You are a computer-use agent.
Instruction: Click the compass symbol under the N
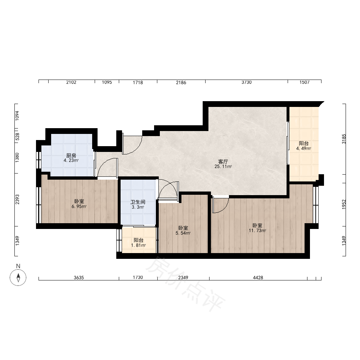[18, 277]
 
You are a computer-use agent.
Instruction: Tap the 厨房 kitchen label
[71, 156]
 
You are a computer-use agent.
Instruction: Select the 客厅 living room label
[223, 162]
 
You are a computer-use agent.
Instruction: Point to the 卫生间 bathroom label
[138, 202]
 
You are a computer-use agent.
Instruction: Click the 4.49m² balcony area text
[303, 149]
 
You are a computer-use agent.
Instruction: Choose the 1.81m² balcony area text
[139, 246]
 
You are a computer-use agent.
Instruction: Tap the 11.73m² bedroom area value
[257, 231]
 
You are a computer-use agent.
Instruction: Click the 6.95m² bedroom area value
[79, 206]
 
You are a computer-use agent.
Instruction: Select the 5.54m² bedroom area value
[183, 233]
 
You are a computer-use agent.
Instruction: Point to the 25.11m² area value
[223, 167]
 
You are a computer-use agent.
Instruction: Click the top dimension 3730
[246, 82]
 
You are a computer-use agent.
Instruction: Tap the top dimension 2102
[71, 82]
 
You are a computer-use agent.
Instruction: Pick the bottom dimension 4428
[258, 278]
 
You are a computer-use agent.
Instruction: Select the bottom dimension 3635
[79, 278]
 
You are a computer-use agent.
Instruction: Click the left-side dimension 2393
[17, 199]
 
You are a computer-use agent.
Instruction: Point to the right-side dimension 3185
[344, 139]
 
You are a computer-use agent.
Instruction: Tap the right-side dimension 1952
[344, 204]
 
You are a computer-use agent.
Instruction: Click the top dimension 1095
[107, 82]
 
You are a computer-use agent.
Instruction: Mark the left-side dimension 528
[17, 136]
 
